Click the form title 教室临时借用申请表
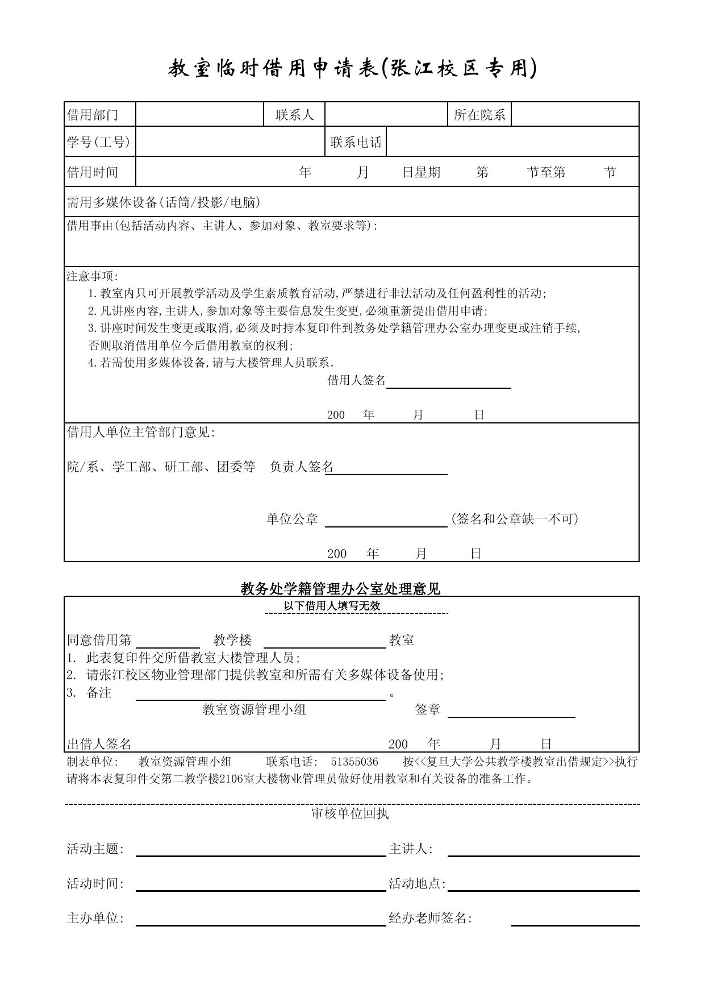(x=352, y=69)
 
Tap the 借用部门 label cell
(x=93, y=115)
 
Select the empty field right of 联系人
(x=386, y=114)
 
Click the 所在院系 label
(x=479, y=115)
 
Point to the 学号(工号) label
(x=98, y=142)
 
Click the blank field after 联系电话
(x=512, y=142)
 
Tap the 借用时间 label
(x=93, y=172)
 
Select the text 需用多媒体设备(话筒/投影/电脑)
(x=164, y=202)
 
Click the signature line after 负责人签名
(x=386, y=470)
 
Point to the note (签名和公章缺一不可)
(x=515, y=518)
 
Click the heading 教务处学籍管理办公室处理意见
(x=340, y=589)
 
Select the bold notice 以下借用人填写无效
(x=332, y=606)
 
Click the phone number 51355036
(x=354, y=762)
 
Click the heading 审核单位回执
(x=350, y=813)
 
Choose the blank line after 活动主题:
(x=261, y=851)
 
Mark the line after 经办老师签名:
(x=575, y=921)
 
